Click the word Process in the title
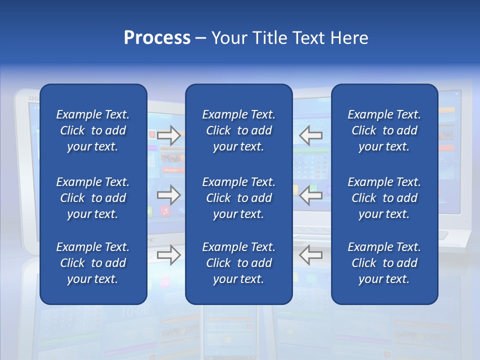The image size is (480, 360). (157, 38)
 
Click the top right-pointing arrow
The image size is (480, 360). (168, 135)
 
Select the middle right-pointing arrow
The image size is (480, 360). (168, 195)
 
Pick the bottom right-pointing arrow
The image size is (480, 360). (168, 255)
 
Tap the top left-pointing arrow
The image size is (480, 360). (311, 135)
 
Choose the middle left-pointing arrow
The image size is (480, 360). (311, 195)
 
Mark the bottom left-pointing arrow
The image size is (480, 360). (311, 255)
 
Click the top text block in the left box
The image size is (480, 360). (93, 130)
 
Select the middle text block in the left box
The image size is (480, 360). (93, 198)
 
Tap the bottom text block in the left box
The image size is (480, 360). (93, 263)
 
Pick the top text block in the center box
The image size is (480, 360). (238, 130)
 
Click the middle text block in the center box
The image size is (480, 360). (238, 198)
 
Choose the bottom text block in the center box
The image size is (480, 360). (238, 263)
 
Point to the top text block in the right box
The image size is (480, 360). (384, 130)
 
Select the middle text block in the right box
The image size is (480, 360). (384, 198)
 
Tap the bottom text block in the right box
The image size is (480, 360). (384, 263)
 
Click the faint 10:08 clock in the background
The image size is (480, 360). (135, 310)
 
